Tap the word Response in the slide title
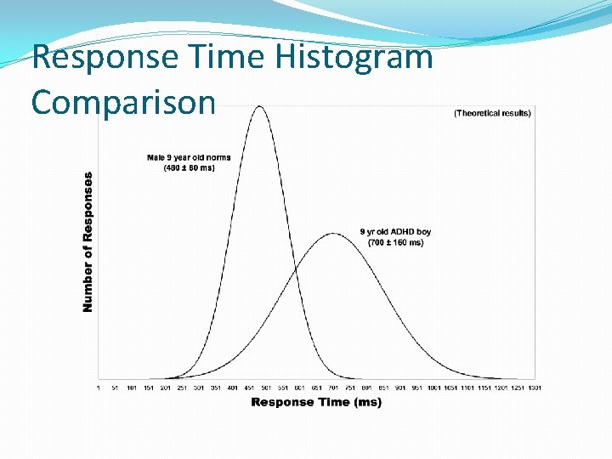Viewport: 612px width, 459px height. pyautogui.click(x=103, y=58)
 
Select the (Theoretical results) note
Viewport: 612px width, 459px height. pyautogui.click(x=492, y=113)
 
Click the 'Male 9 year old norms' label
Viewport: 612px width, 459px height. pyautogui.click(x=189, y=158)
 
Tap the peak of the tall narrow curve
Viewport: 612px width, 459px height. pyautogui.click(x=260, y=106)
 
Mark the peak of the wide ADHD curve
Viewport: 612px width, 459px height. pyautogui.click(x=334, y=233)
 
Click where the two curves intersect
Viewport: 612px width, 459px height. pyautogui.click(x=295, y=271)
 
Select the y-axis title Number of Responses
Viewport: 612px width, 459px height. pyautogui.click(x=88, y=242)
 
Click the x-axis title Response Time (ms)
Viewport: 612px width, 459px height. pyautogui.click(x=316, y=402)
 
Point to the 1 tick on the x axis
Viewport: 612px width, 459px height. pyautogui.click(x=99, y=388)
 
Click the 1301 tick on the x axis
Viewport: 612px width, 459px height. pyautogui.click(x=535, y=388)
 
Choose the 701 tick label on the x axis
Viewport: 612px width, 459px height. pyautogui.click(x=333, y=388)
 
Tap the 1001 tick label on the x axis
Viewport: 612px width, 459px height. pyautogui.click(x=433, y=388)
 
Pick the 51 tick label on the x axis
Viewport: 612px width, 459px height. pyautogui.click(x=115, y=388)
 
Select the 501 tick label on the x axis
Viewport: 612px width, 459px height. pyautogui.click(x=266, y=388)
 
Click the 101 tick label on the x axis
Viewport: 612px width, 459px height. pyautogui.click(x=132, y=388)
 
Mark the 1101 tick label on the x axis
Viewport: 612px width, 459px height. pyautogui.click(x=467, y=388)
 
